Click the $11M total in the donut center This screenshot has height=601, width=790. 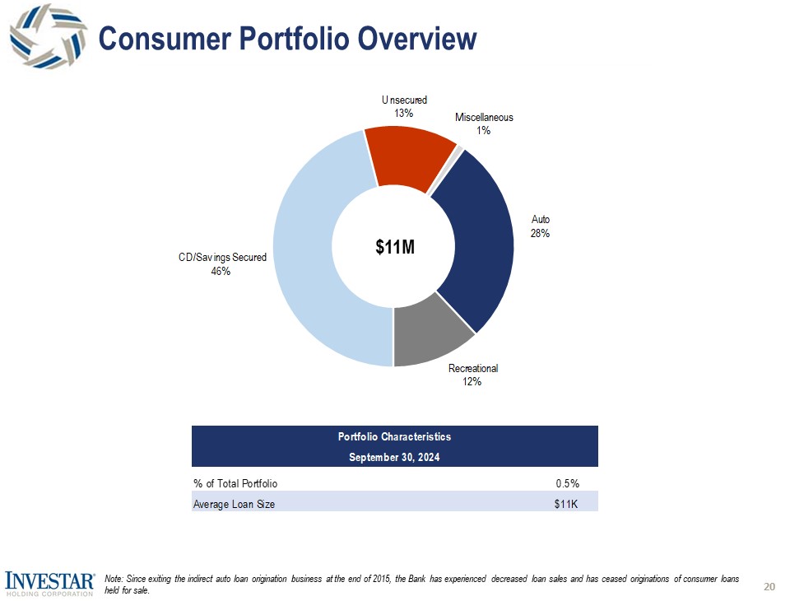coord(394,246)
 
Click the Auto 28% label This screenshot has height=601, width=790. coord(540,226)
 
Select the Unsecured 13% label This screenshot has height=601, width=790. coord(403,106)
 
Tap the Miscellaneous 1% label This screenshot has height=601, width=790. coord(484,123)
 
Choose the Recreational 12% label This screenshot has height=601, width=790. coord(473,375)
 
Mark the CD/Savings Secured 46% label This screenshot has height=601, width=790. coord(222,264)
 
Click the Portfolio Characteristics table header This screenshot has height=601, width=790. coord(394,436)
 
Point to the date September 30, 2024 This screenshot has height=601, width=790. coord(394,457)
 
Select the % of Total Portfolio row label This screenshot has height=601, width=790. coord(235,483)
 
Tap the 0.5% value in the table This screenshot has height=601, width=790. coord(566,483)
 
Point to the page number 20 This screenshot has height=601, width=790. coord(769,586)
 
